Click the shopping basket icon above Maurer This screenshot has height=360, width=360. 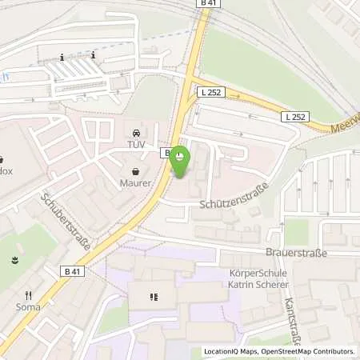click(x=135, y=170)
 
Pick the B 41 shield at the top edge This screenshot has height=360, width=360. click(x=209, y=5)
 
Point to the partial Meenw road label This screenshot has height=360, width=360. click(x=345, y=127)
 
